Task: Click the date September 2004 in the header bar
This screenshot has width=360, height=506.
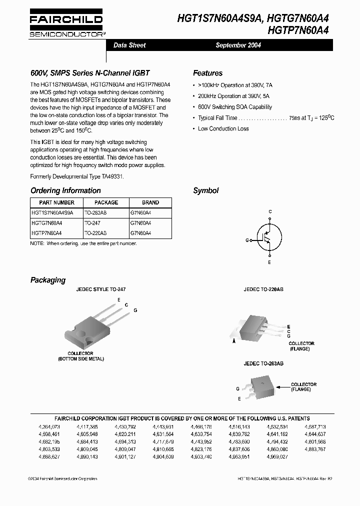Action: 238,45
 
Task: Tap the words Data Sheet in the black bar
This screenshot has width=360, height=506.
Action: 129,45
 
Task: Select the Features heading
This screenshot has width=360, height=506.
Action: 207,73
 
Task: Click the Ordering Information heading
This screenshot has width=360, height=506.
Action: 65,190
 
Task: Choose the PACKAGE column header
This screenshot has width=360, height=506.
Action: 106,202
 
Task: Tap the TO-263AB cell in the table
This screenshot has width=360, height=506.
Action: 95,212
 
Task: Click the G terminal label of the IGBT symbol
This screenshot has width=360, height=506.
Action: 247,240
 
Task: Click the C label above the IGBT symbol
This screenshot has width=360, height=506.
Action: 270,212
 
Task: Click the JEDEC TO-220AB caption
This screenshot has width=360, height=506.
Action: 263,289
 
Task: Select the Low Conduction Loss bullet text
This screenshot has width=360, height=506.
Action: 223,129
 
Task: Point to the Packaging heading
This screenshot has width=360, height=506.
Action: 48,280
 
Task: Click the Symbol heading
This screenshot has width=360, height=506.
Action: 205,190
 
